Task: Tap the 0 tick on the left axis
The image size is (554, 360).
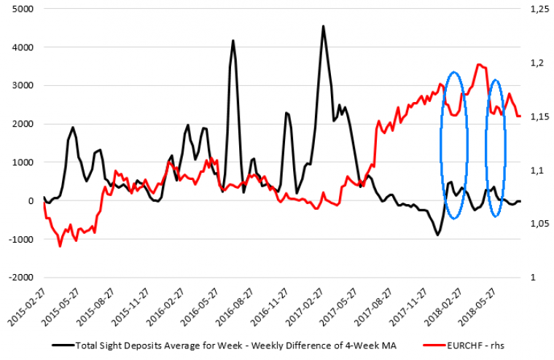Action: tap(31, 201)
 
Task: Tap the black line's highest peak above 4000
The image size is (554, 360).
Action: tap(323, 26)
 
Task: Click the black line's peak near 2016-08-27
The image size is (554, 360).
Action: tap(233, 41)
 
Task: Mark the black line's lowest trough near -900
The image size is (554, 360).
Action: tap(438, 235)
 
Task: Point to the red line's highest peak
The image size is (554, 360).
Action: tap(478, 64)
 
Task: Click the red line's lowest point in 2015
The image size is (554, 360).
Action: tap(60, 246)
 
